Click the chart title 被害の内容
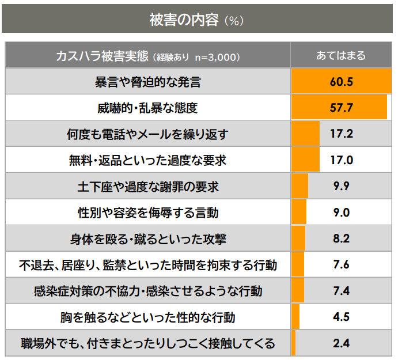coord(184,19)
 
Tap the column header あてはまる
coord(341,56)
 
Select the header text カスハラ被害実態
coord(101,56)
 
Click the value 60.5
coord(341,81)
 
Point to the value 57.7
coord(341,108)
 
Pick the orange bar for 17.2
coord(305,134)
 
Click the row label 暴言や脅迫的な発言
coord(147,81)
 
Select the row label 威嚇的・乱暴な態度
coord(147,108)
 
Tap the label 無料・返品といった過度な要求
coord(147,160)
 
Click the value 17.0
coord(341,160)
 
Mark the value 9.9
coord(341,187)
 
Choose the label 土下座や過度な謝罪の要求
coord(147,187)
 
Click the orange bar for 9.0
coord(299,213)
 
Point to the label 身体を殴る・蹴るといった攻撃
coord(147,239)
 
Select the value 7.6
coord(341,265)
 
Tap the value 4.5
coord(341,317)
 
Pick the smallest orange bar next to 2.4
coord(294,344)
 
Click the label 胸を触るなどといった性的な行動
coord(147,317)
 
